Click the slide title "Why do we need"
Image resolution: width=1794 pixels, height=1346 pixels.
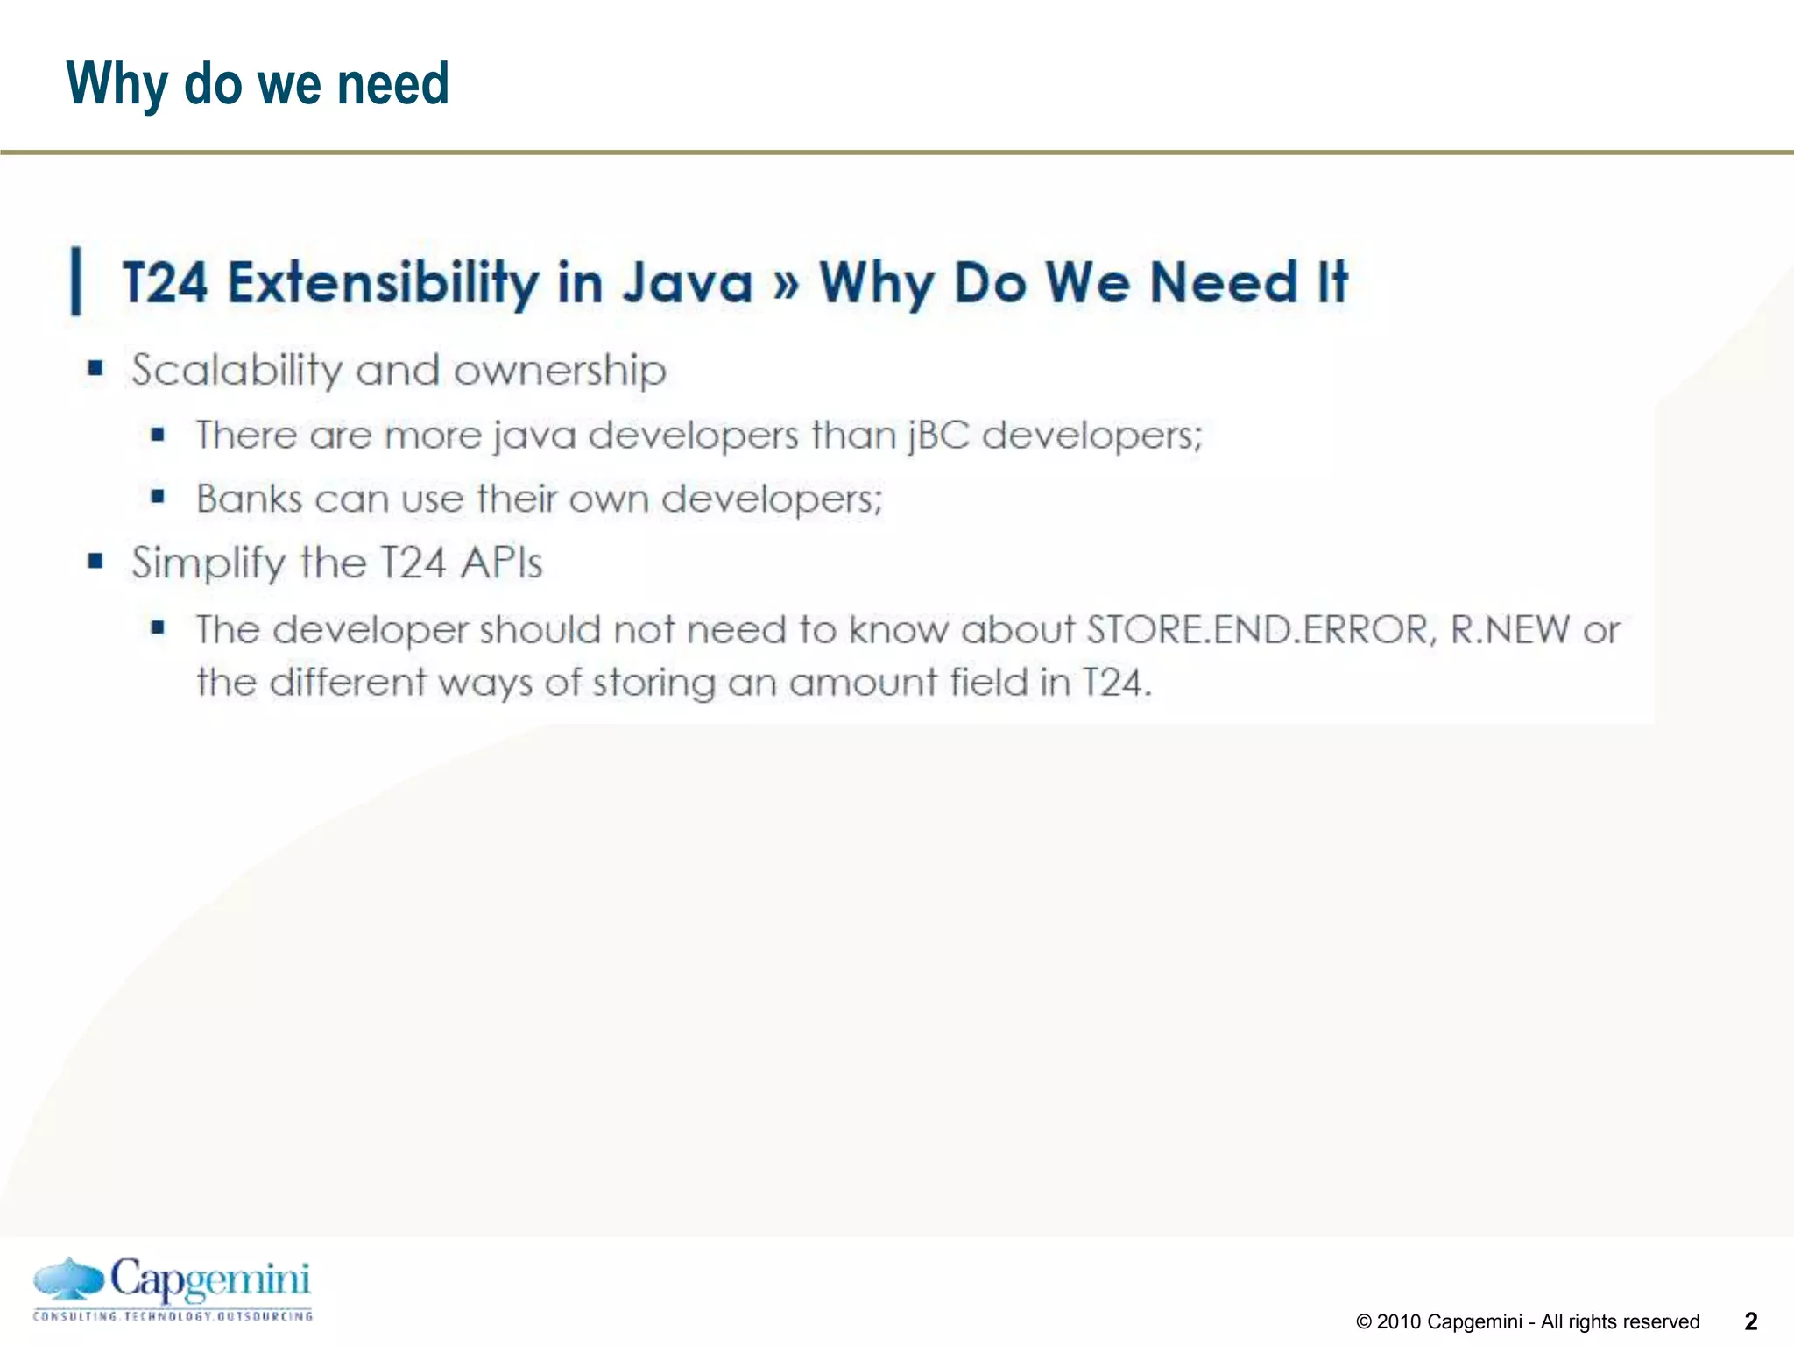pos(258,84)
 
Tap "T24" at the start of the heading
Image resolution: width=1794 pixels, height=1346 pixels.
pos(166,283)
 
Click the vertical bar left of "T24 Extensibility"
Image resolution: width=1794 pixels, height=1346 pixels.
pos(76,281)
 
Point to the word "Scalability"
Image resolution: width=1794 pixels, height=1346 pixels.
pos(237,371)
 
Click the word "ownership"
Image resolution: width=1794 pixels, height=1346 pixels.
pos(560,371)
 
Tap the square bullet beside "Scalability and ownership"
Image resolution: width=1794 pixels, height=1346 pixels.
pos(95,368)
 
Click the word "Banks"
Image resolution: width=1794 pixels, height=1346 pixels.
pos(249,499)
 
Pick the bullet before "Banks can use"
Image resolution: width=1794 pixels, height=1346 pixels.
pos(158,497)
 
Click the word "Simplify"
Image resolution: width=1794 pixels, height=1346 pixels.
pos(208,563)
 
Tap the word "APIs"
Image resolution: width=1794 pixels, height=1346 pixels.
pos(502,563)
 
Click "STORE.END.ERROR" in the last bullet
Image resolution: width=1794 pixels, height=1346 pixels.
pos(1261,629)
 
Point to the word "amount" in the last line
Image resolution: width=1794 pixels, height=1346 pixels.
pos(863,682)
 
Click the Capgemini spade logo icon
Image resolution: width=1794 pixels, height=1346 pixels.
pos(67,1281)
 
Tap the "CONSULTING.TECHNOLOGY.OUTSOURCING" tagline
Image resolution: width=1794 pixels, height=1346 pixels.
pos(173,1316)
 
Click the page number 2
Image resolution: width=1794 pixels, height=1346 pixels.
pos(1751,1321)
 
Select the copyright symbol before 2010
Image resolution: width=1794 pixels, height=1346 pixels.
pos(1364,1322)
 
